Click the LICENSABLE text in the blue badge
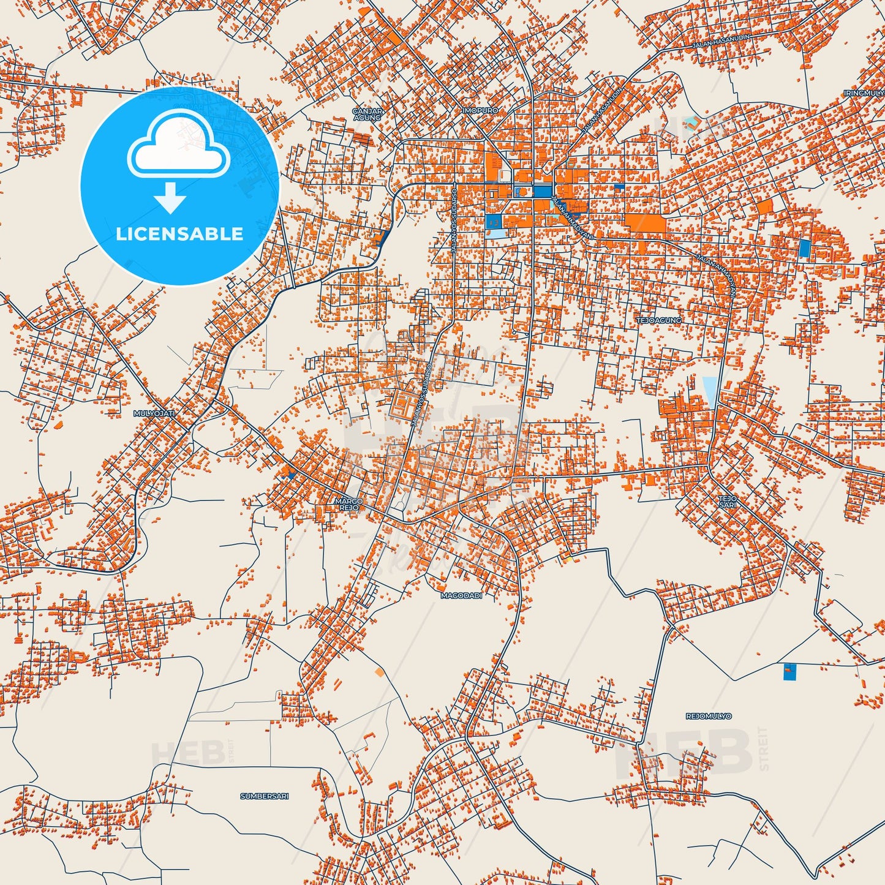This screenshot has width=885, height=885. pyautogui.click(x=179, y=234)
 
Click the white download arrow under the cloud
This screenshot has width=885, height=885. pyautogui.click(x=171, y=198)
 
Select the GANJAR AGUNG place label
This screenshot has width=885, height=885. pyautogui.click(x=367, y=114)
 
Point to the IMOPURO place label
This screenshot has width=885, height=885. pyautogui.click(x=480, y=110)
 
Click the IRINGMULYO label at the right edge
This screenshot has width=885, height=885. pyautogui.click(x=864, y=93)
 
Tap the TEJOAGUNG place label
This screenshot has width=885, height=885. pyautogui.click(x=659, y=320)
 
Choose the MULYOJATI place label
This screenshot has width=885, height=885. pyautogui.click(x=154, y=414)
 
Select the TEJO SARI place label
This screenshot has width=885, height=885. pyautogui.click(x=728, y=502)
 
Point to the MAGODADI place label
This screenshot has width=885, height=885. pyautogui.click(x=461, y=595)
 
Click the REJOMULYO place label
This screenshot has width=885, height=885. pyautogui.click(x=709, y=716)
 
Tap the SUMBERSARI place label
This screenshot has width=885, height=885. pyautogui.click(x=264, y=796)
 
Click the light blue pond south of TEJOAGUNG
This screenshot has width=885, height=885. pyautogui.click(x=709, y=391)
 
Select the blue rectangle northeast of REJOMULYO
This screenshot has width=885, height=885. pyautogui.click(x=789, y=672)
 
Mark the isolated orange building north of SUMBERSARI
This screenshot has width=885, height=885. pyautogui.click(x=379, y=672)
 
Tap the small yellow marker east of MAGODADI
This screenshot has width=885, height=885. pyautogui.click(x=568, y=559)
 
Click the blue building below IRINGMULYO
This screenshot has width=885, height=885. pyautogui.click(x=804, y=247)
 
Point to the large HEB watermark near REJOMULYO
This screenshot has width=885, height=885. pyautogui.click(x=686, y=753)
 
